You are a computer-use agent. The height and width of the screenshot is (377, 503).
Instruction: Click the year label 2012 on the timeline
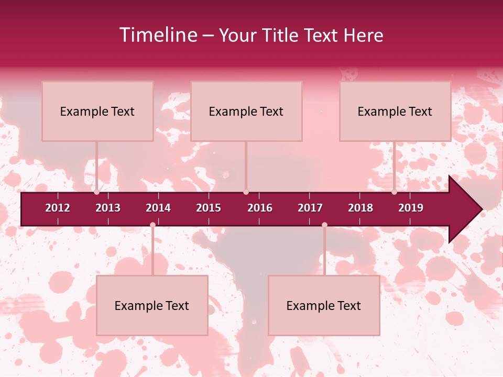click(58, 208)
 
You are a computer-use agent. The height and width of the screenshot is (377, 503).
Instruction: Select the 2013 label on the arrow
click(108, 208)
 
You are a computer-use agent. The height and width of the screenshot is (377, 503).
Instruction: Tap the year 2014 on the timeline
click(158, 208)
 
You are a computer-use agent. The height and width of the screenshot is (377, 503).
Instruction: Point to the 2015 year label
click(209, 208)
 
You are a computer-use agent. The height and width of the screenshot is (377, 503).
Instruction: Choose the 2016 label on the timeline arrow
click(260, 208)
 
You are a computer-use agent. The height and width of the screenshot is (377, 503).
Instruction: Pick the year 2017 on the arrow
click(310, 208)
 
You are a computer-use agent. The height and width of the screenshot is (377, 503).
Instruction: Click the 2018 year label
click(360, 208)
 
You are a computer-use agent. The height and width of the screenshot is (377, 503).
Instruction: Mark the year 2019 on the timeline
click(411, 208)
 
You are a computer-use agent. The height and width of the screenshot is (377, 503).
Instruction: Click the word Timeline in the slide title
click(158, 35)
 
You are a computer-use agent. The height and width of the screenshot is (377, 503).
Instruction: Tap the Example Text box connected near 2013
click(97, 111)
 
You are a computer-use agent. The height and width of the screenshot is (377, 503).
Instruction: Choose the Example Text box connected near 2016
click(246, 111)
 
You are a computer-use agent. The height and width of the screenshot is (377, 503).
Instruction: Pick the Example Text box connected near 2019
click(395, 111)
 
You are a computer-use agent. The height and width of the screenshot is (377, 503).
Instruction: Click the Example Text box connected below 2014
click(152, 305)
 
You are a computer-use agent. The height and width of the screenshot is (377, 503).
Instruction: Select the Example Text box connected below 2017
click(324, 305)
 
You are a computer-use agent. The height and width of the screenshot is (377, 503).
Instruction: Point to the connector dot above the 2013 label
click(97, 192)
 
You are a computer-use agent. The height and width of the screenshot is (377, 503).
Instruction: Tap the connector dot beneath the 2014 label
click(152, 225)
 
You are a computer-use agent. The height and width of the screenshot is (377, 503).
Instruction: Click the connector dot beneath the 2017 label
click(324, 225)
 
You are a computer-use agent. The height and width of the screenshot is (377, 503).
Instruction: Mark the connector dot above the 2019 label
click(395, 192)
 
